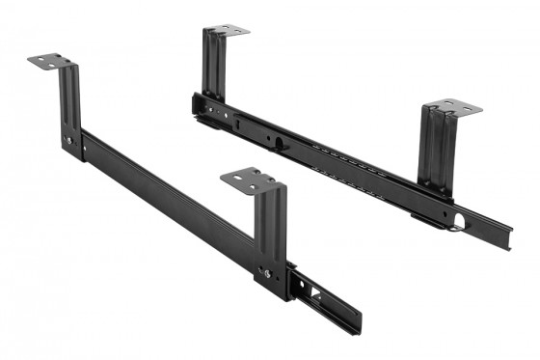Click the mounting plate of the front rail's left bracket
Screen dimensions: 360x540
[49, 61]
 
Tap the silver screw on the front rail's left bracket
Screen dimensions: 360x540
[68, 141]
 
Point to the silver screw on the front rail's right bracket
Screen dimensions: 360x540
[267, 273]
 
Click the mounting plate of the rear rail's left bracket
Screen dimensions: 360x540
[228, 30]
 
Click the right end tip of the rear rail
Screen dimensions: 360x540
[505, 241]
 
